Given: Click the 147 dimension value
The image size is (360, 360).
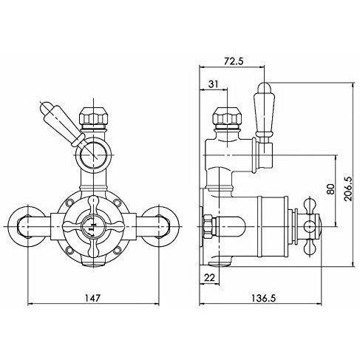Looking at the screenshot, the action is click(x=93, y=298).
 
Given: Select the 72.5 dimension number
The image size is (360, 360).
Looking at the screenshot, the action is click(x=234, y=61).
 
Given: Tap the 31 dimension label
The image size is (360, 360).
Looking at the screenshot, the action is click(x=214, y=84).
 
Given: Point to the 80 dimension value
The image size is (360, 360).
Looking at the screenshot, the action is click(x=331, y=189).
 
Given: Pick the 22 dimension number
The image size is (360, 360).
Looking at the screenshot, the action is click(x=210, y=278).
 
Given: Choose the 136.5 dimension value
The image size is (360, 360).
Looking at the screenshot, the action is click(x=263, y=298).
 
